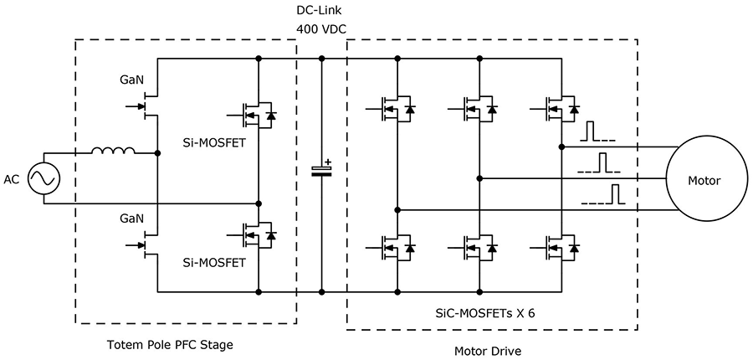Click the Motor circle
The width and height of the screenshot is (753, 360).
tap(704, 179)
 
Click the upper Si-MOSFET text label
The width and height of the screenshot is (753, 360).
tap(215, 143)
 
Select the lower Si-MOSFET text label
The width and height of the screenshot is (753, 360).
tap(215, 262)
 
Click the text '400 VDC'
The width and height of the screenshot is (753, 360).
tap(321, 29)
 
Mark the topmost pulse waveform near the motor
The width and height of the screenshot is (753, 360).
tap(598, 133)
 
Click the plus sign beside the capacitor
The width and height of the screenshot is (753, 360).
tap(329, 162)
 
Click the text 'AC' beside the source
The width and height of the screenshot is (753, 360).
tap(12, 179)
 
